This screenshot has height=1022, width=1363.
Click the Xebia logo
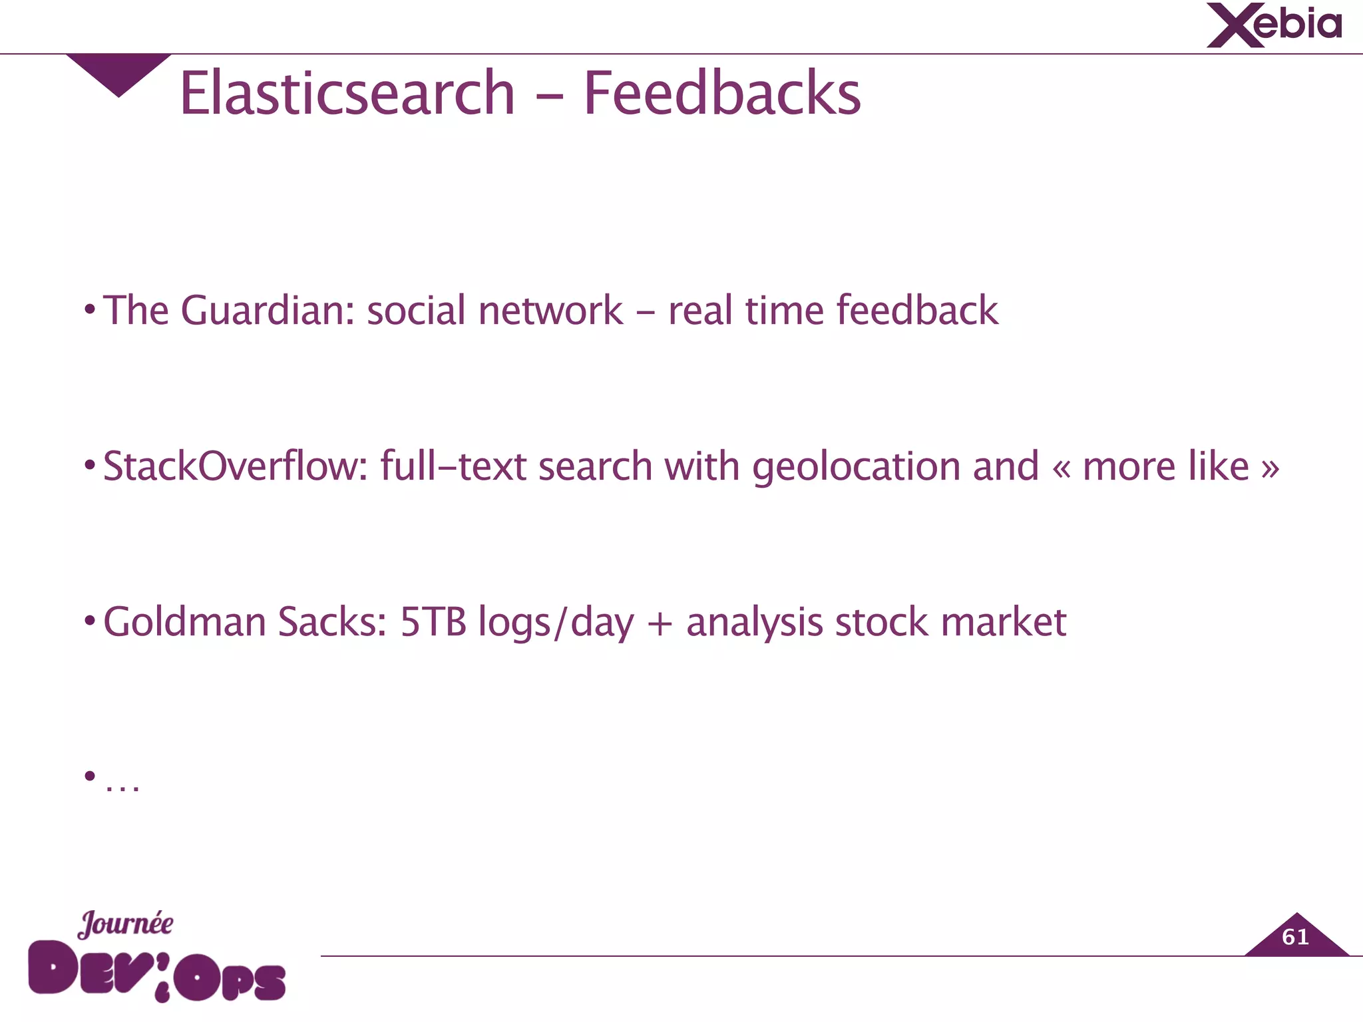point(1274,25)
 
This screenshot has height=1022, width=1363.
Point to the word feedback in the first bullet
point(916,311)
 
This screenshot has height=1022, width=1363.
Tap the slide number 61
point(1295,937)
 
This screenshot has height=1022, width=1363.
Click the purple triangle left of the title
point(118,72)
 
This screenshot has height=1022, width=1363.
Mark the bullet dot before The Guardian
point(90,309)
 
